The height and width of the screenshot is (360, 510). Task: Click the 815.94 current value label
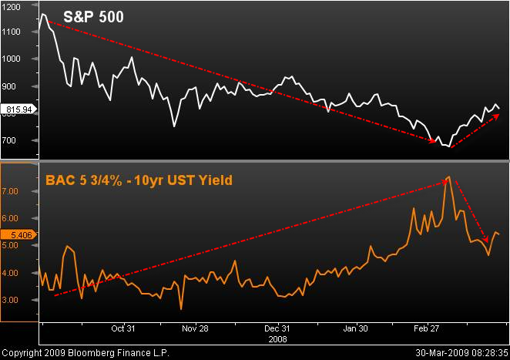pos(17,110)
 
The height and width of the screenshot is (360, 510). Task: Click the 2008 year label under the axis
pos(277,338)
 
